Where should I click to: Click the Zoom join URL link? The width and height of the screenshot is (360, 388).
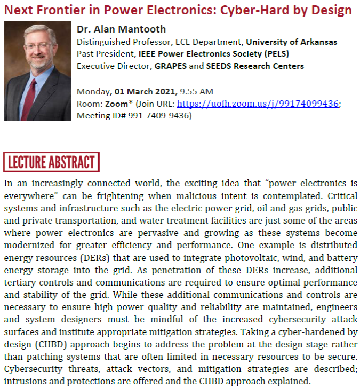click(x=258, y=104)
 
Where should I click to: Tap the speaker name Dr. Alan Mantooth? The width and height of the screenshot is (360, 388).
click(x=121, y=29)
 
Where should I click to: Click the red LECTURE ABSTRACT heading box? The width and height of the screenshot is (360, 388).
click(x=51, y=162)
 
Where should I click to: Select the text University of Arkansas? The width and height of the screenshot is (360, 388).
click(x=292, y=42)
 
